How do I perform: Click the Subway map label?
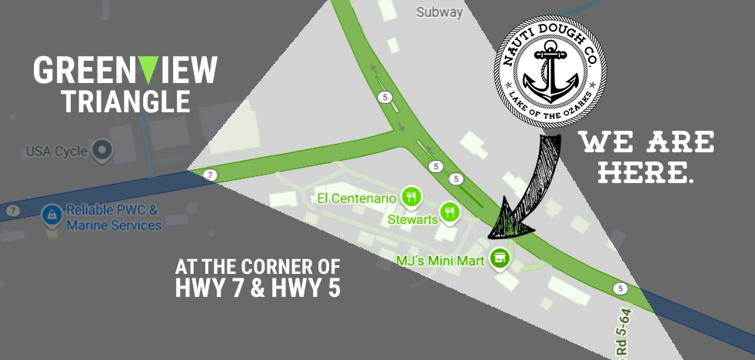[x=439, y=12]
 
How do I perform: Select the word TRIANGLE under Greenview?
[x=125, y=102]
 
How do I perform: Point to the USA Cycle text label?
[x=56, y=152]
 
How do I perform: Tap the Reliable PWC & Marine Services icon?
[x=52, y=213]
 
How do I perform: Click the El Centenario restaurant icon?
[x=412, y=197]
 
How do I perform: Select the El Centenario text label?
[x=357, y=198]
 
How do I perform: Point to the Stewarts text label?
[x=413, y=220]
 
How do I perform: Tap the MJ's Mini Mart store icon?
[x=501, y=257]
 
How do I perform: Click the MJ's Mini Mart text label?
[x=441, y=261]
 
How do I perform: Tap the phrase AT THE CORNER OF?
[x=257, y=267]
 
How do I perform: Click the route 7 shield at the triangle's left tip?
[x=211, y=175]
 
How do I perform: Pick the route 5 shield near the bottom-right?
[x=620, y=288]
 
